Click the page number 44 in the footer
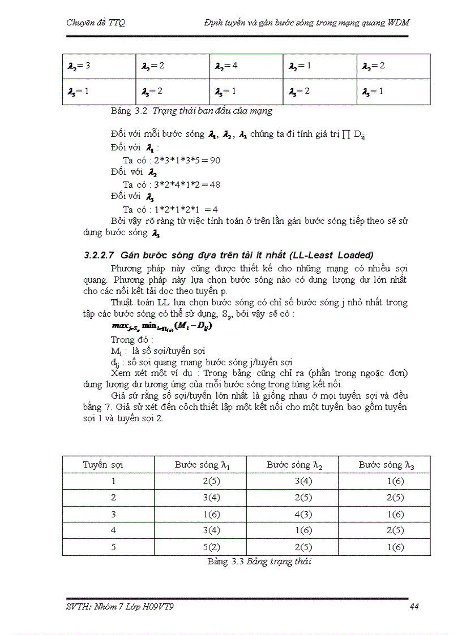pyautogui.click(x=413, y=607)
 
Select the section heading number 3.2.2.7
pyautogui.click(x=100, y=255)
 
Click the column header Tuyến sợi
pyautogui.click(x=103, y=465)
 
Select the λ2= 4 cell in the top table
pyautogui.click(x=226, y=66)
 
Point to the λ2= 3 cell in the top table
pyautogui.click(x=79, y=66)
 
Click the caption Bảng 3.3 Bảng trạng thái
pyautogui.click(x=260, y=561)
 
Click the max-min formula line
pyautogui.click(x=162, y=327)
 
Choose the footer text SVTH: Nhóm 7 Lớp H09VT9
pyautogui.click(x=125, y=607)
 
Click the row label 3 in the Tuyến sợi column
pyautogui.click(x=114, y=514)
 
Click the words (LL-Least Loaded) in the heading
pyautogui.click(x=325, y=255)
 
